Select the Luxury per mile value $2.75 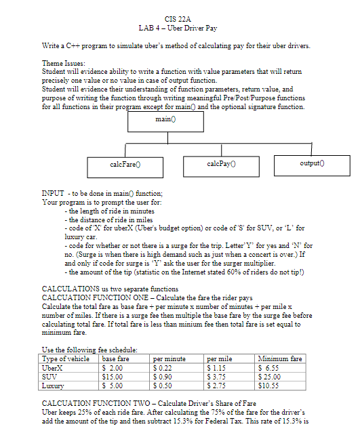[218, 384]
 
